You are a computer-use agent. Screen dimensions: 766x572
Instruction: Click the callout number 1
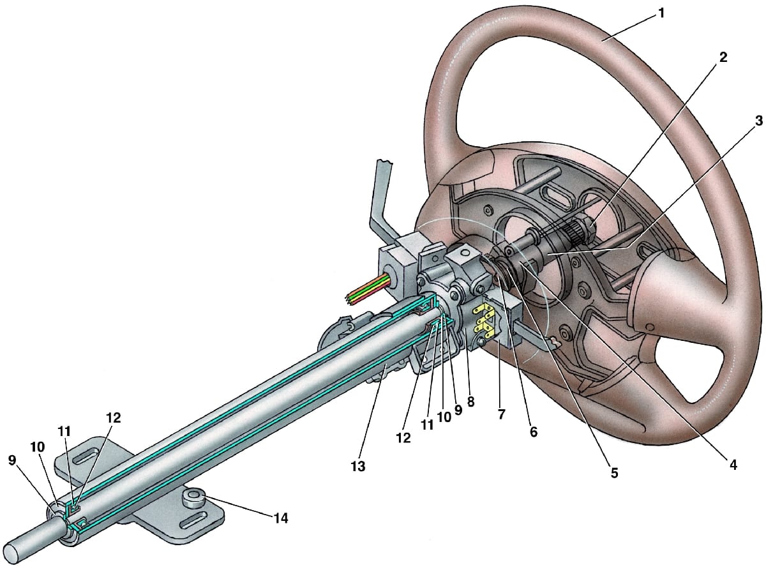661,13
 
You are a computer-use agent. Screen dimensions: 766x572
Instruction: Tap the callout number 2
723,57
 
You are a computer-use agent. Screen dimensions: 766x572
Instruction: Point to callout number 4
733,465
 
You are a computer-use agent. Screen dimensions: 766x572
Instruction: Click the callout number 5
614,473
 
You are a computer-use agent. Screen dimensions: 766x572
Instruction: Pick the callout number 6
534,432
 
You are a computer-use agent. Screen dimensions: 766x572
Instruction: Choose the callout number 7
501,414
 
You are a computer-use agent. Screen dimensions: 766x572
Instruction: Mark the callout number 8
470,402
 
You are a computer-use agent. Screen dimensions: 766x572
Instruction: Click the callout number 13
358,466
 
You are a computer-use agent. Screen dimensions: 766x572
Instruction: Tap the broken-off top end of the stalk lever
384,162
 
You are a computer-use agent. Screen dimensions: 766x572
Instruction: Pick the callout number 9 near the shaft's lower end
12,460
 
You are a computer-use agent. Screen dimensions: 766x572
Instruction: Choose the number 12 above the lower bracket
114,418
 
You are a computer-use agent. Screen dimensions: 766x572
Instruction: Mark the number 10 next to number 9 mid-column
444,417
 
